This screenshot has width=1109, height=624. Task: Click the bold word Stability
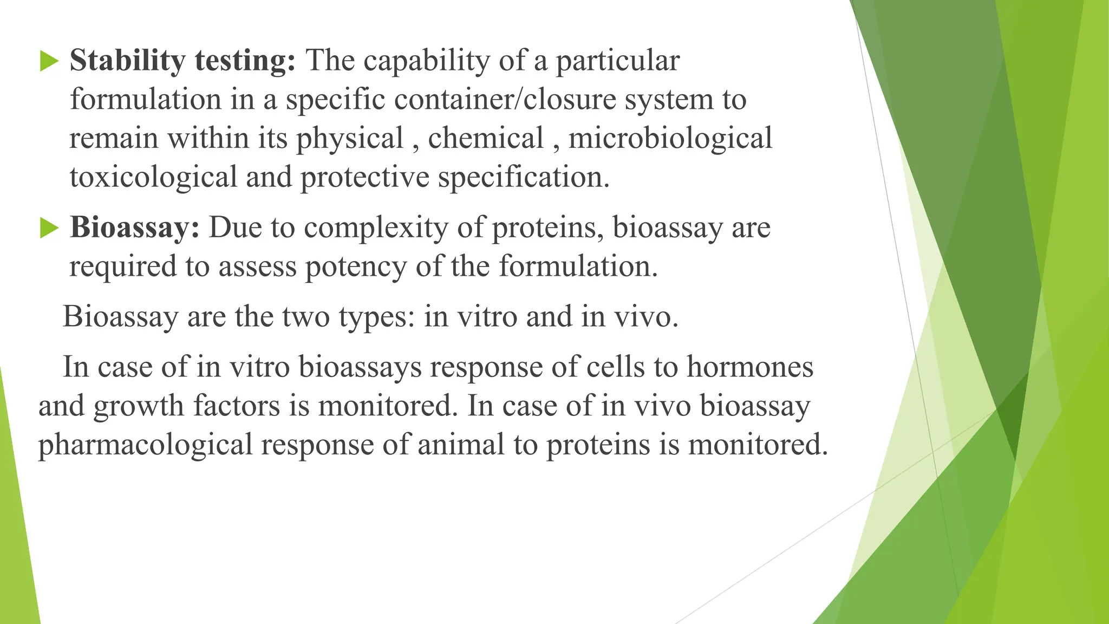click(x=127, y=60)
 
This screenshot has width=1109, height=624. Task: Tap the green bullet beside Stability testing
click(x=49, y=62)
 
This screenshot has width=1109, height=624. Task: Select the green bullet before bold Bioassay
click(x=49, y=229)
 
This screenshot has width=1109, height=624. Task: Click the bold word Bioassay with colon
click(x=135, y=227)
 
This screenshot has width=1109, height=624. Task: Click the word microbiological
click(x=670, y=138)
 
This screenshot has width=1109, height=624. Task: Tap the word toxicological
click(x=153, y=177)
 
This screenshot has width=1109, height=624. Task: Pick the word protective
click(x=364, y=177)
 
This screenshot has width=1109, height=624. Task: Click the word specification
click(x=524, y=177)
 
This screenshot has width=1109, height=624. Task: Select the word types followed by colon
click(x=376, y=317)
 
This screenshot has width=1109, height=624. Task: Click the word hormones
click(x=750, y=367)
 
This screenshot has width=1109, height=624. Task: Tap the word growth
click(x=139, y=406)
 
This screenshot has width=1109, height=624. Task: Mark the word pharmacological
click(x=145, y=445)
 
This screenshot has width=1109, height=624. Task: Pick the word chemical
click(x=485, y=138)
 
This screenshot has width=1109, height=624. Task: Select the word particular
click(x=617, y=60)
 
